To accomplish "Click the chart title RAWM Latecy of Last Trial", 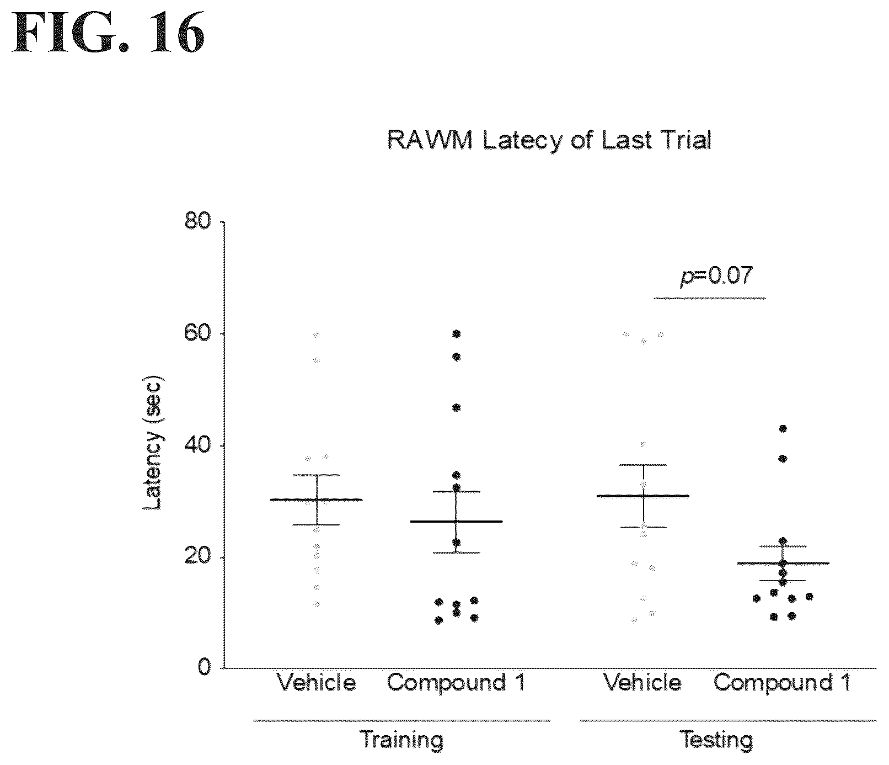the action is tap(550, 140).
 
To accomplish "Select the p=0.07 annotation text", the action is tap(715, 275).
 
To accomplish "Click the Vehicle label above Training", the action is tap(316, 683).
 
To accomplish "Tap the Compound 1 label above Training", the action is tap(456, 683).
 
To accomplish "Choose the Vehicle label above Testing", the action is tap(642, 683).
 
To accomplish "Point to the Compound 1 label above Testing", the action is tap(782, 683).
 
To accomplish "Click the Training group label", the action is tap(401, 740).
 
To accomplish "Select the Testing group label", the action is tap(716, 740).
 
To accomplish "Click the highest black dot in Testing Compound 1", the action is tap(783, 428).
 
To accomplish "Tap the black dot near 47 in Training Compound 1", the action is tap(456, 407).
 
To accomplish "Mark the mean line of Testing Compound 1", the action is tap(783, 564).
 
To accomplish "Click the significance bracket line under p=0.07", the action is tap(709, 299).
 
